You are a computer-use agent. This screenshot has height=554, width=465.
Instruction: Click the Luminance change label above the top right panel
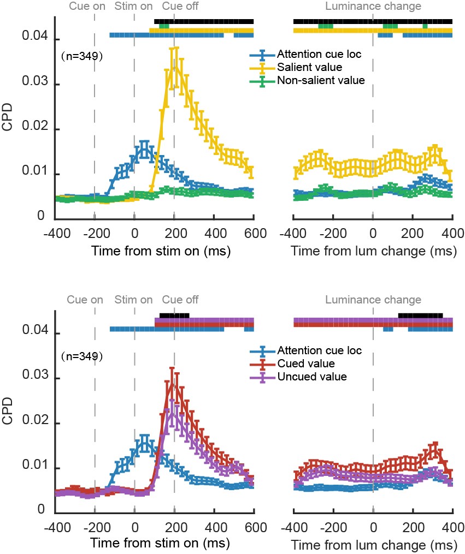pos(373,7)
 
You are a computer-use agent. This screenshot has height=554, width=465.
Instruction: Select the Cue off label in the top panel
pos(180,7)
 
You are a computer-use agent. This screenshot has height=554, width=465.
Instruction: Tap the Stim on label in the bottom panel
pos(134,300)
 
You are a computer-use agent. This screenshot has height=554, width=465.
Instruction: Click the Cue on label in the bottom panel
pos(85,300)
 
